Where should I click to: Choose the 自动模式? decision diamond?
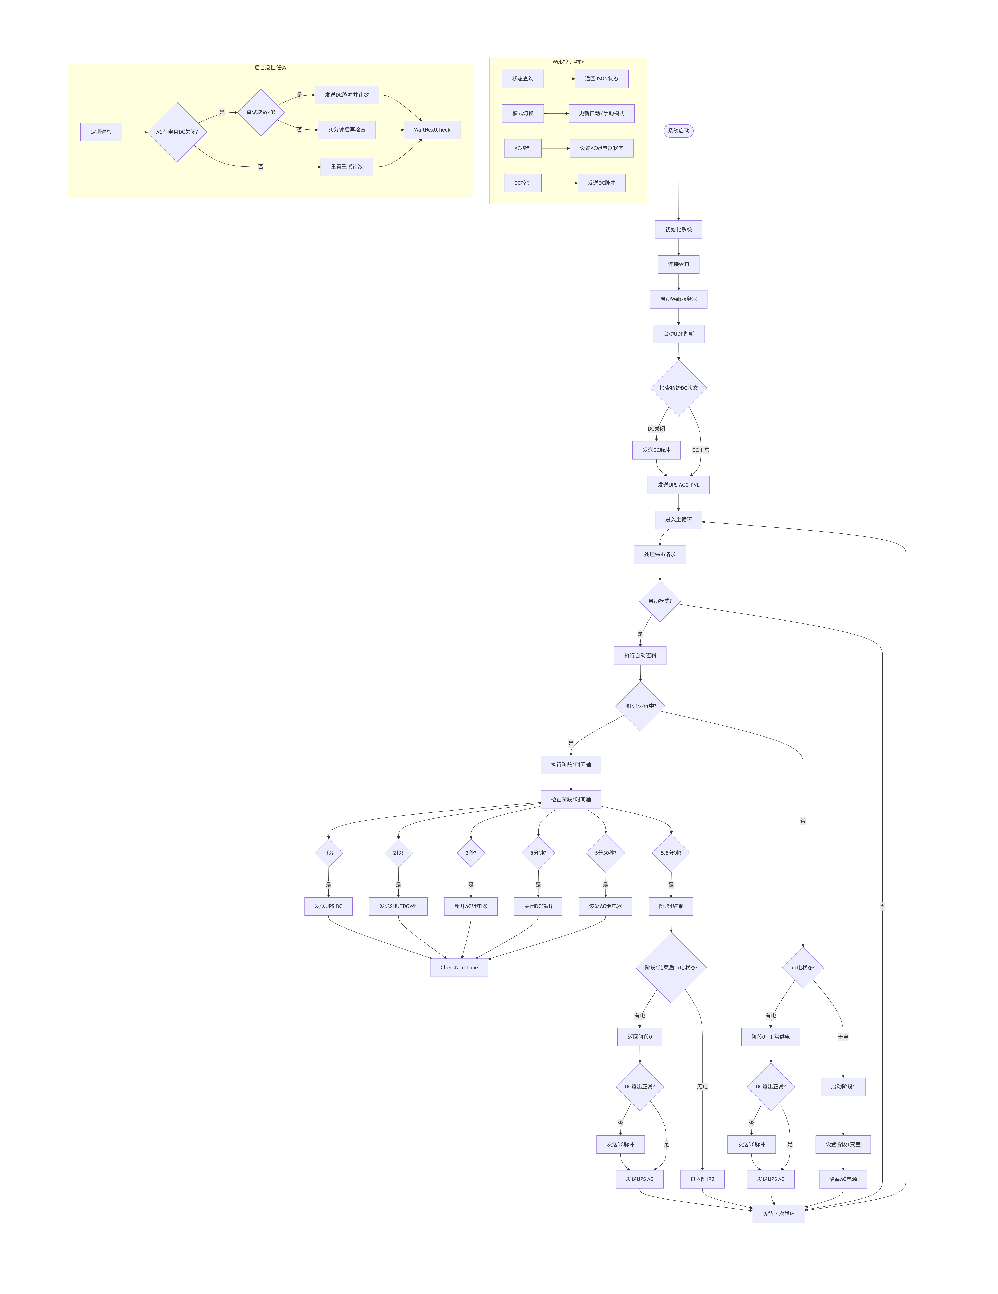660,601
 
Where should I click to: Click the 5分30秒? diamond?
605,853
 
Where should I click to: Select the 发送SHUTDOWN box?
398,906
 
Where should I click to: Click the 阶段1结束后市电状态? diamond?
671,967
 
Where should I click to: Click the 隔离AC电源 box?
843,1179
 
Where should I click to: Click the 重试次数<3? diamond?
261,112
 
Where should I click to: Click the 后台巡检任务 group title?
270,67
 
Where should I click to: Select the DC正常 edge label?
700,450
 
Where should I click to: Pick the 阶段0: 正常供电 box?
770,1037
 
